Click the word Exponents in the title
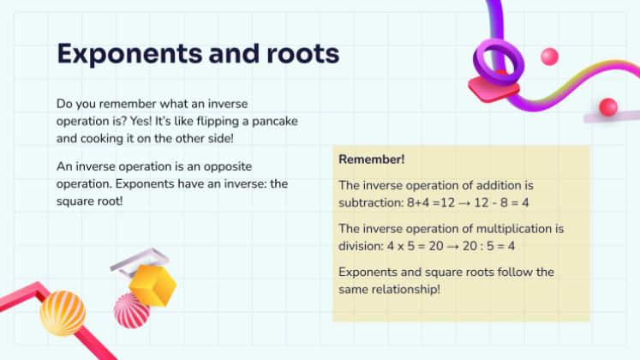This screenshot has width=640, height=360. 129,54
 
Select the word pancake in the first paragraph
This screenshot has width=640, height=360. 275,122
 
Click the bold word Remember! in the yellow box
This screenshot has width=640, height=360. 372,159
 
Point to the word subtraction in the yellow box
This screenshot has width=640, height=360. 371,202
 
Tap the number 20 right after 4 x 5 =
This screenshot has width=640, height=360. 436,246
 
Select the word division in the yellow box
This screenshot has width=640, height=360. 362,246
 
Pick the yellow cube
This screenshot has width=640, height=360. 153,285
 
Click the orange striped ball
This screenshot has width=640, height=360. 63,314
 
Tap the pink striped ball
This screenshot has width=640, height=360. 130,311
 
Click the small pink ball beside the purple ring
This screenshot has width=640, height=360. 549,57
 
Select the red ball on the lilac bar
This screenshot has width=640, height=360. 608,107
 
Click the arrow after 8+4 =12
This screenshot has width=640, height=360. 464,203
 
